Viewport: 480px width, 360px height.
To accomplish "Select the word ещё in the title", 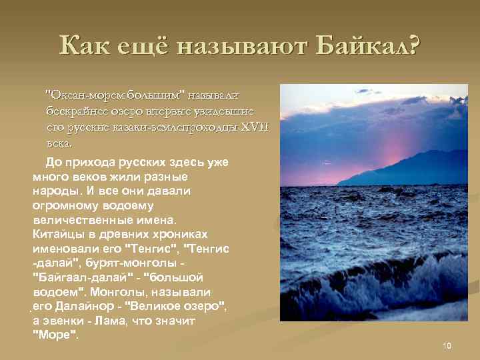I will (x=141, y=47).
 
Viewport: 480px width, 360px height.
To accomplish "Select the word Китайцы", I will (x=58, y=234).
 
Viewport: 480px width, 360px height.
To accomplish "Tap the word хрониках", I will (x=176, y=234).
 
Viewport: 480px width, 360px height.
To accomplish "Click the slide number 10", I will (x=447, y=345).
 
